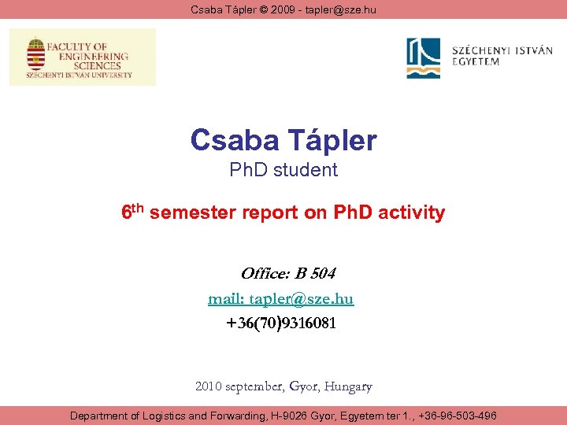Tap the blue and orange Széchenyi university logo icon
(x=424, y=58)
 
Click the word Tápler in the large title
(x=331, y=141)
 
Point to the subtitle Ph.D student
(x=283, y=170)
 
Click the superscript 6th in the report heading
(x=132, y=212)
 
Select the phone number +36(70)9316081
(x=282, y=323)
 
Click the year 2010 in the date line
(x=209, y=386)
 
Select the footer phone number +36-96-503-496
(x=459, y=416)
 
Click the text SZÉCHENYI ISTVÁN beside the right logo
(x=502, y=51)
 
